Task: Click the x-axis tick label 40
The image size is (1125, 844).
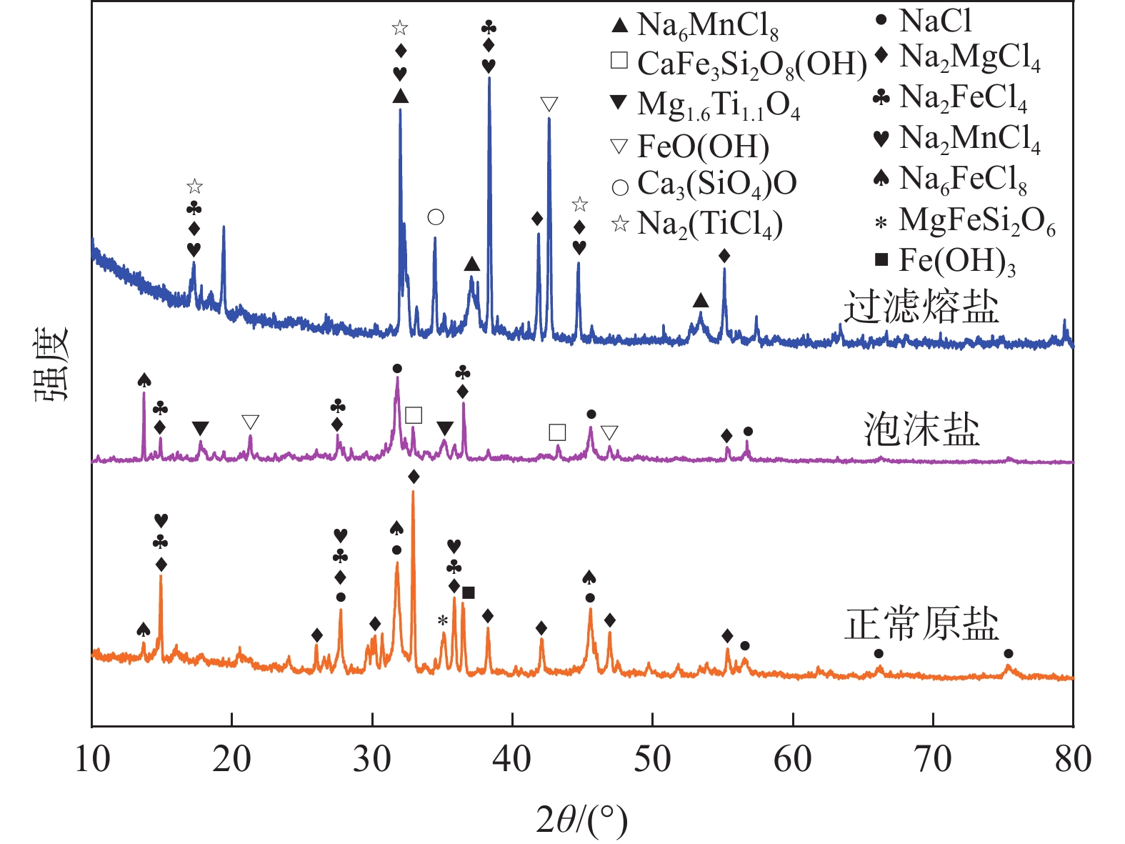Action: coord(512,760)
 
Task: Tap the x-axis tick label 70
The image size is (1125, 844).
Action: coord(933,760)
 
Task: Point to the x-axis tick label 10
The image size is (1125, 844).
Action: coord(92,760)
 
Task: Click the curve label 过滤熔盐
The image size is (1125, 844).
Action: coord(921,308)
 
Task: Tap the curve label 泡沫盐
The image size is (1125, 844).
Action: coord(921,430)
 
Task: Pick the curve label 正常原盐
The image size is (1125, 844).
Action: coord(921,624)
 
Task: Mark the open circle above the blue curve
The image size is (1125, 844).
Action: coord(436,217)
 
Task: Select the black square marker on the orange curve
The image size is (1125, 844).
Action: coord(469,592)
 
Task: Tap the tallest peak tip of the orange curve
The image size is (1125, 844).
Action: coord(413,492)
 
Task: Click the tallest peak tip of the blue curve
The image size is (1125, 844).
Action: coord(489,78)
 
